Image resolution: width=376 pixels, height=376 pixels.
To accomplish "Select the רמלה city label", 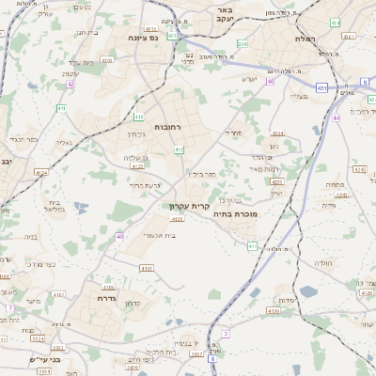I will (303, 39).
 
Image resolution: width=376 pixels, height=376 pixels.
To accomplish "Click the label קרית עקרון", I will (193, 205).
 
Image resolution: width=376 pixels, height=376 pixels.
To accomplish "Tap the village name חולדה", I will (324, 263).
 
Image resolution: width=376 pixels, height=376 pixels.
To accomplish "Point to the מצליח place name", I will (299, 96).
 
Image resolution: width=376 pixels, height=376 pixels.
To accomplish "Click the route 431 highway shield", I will (321, 87).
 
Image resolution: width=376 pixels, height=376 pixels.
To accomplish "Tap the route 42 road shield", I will (70, 84).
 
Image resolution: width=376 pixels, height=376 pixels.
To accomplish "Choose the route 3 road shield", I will (226, 334).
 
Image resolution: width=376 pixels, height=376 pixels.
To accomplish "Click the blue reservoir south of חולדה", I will (309, 292).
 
